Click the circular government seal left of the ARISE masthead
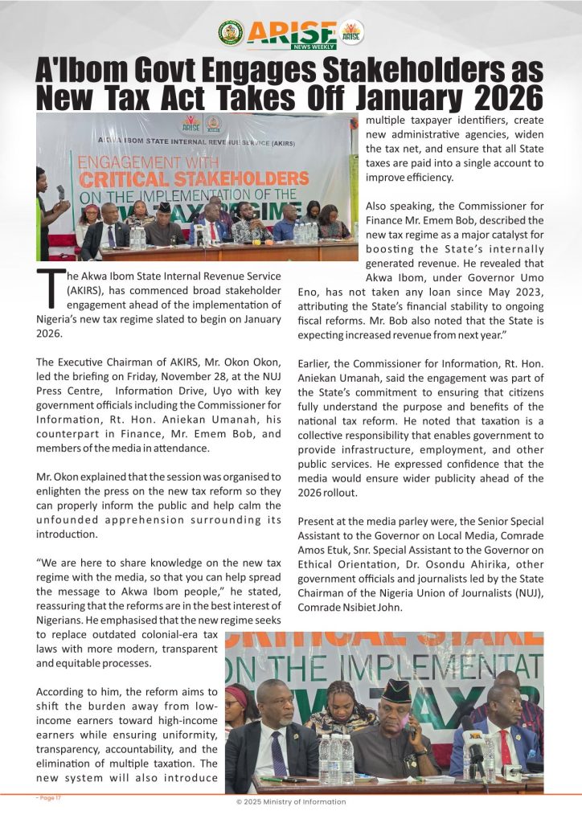(231, 33)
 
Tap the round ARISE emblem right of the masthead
(351, 33)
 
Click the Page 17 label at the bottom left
(49, 798)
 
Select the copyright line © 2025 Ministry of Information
(290, 802)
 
